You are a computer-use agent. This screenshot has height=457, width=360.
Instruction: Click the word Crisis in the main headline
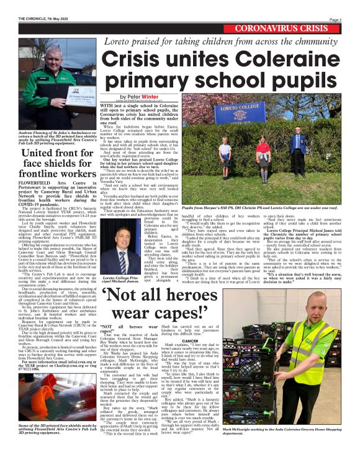point(130,60)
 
